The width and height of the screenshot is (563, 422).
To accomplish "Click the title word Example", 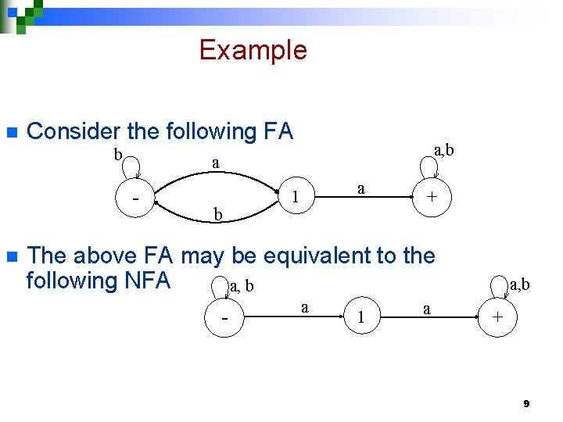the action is point(253,50).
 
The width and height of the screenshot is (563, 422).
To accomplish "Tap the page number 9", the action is point(526,403).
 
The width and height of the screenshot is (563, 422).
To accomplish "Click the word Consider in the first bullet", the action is point(66,131).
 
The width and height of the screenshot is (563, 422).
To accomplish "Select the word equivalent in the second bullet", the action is point(321,256).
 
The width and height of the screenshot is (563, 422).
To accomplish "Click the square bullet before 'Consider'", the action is point(10,131).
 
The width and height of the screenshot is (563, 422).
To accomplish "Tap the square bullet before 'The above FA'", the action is point(10,256).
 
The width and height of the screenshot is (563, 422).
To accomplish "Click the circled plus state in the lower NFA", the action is point(497,318).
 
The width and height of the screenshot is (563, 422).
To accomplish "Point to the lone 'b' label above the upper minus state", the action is point(118,154).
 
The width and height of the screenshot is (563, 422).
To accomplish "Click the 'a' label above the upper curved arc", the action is point(215,163).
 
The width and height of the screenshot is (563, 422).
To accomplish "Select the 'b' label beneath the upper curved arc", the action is point(218,214).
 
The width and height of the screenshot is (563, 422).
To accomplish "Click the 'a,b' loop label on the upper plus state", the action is point(443,149).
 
